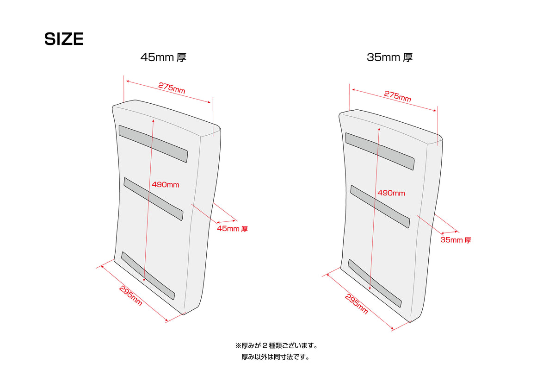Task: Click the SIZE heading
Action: tap(64, 39)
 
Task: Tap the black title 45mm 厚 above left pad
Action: tap(163, 57)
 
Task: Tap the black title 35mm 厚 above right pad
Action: tap(389, 57)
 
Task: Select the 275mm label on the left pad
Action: tap(172, 88)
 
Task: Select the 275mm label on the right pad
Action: tap(397, 96)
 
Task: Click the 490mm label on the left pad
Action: tap(165, 185)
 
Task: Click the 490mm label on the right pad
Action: tap(391, 193)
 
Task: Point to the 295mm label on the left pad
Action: tap(130, 296)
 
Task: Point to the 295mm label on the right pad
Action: tap(356, 304)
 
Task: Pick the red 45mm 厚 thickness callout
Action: tap(232, 229)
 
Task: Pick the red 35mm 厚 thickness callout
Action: tap(456, 240)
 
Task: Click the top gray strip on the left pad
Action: tap(153, 144)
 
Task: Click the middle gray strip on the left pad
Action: tap(154, 199)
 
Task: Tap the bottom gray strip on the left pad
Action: tap(148, 276)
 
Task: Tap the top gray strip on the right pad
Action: tap(380, 151)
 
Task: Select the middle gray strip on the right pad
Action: tap(380, 207)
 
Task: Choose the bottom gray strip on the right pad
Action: tap(375, 283)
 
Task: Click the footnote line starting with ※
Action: tap(276, 345)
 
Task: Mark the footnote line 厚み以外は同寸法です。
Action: tap(276, 357)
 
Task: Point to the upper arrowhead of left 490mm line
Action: tap(154, 121)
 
